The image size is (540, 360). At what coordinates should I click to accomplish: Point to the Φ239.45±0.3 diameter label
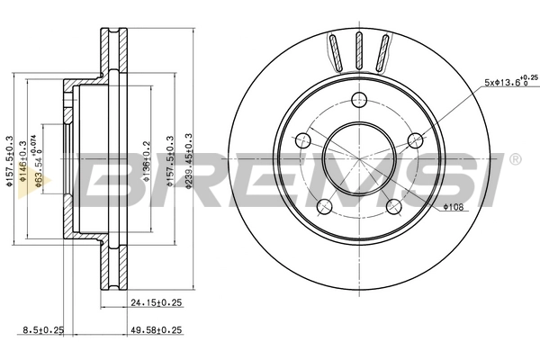point(188,159)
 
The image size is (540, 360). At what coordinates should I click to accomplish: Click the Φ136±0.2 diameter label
point(146,160)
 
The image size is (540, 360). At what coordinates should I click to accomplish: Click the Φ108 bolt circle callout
point(453,209)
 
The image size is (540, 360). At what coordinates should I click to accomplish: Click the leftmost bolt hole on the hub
point(302,141)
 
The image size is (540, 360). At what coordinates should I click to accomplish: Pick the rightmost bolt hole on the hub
point(415,140)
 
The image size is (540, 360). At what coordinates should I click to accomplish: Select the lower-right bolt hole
point(393,207)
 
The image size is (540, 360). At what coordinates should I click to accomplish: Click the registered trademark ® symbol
point(515,159)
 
